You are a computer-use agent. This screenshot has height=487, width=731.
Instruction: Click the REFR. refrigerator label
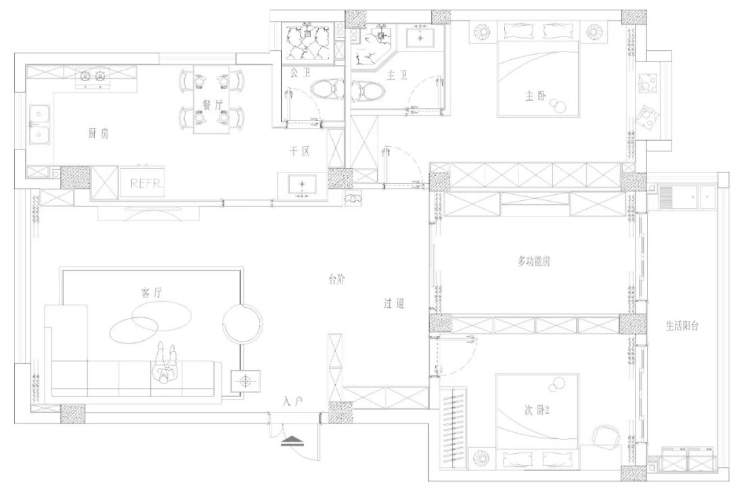pyautogui.click(x=148, y=183)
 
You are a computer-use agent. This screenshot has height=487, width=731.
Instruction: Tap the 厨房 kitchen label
pyautogui.click(x=98, y=134)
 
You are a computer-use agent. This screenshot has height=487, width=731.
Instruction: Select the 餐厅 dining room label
pyautogui.click(x=213, y=105)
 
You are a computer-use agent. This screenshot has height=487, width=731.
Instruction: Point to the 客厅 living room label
pyautogui.click(x=152, y=293)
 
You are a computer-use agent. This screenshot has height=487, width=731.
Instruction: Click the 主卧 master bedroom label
pyautogui.click(x=535, y=96)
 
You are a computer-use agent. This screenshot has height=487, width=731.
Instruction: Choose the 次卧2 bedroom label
pyautogui.click(x=537, y=410)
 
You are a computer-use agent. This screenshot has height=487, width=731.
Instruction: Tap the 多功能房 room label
pyautogui.click(x=534, y=261)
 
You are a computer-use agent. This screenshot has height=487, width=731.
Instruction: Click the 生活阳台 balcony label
pyautogui.click(x=682, y=326)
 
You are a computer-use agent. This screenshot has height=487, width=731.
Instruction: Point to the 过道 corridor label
pyautogui.click(x=394, y=304)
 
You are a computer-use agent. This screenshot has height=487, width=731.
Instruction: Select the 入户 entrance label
pyautogui.click(x=293, y=401)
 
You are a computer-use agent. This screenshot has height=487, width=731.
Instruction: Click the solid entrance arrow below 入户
pyautogui.click(x=293, y=440)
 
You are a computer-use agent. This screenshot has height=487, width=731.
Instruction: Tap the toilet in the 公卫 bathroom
pyautogui.click(x=328, y=89)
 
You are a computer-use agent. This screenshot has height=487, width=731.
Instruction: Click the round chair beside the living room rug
pyautogui.click(x=242, y=323)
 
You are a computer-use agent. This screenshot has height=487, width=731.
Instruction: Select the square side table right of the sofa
pyautogui.click(x=246, y=381)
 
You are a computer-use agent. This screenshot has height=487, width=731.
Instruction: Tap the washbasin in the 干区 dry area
pyautogui.click(x=302, y=185)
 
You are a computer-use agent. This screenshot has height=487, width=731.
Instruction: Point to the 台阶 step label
pyautogui.click(x=337, y=279)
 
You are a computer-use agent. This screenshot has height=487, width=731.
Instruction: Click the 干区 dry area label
pyautogui.click(x=300, y=152)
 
